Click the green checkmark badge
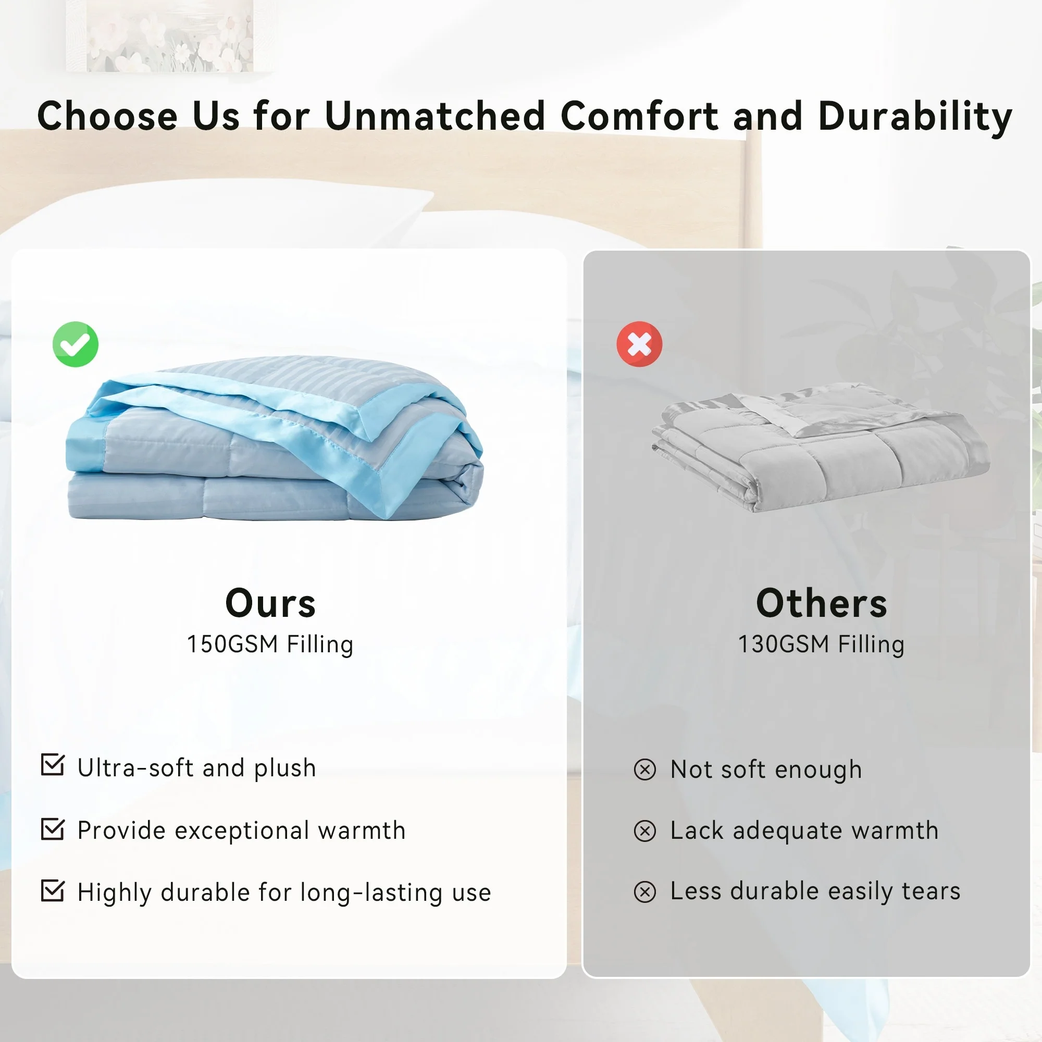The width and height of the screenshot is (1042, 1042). pyautogui.click(x=76, y=344)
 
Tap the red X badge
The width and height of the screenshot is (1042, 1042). pyautogui.click(x=639, y=344)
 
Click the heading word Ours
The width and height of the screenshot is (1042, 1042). pyautogui.click(x=270, y=603)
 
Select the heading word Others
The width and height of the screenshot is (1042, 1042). pyautogui.click(x=822, y=603)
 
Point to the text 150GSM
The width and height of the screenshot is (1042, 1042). pyautogui.click(x=232, y=644)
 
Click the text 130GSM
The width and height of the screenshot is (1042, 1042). pyautogui.click(x=784, y=644)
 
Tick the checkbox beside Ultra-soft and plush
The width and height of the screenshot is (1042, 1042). pyautogui.click(x=53, y=765)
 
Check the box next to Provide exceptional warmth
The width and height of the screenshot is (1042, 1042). pyautogui.click(x=53, y=829)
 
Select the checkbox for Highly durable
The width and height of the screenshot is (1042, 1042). pyautogui.click(x=53, y=891)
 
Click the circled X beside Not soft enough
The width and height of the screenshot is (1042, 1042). pyautogui.click(x=645, y=769)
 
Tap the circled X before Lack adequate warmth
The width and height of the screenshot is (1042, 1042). pyautogui.click(x=645, y=830)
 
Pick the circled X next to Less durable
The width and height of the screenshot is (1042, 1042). pyautogui.click(x=645, y=891)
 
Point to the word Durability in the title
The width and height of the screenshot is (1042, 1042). pyautogui.click(x=915, y=117)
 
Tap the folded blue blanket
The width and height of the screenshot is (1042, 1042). pyautogui.click(x=275, y=438)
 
